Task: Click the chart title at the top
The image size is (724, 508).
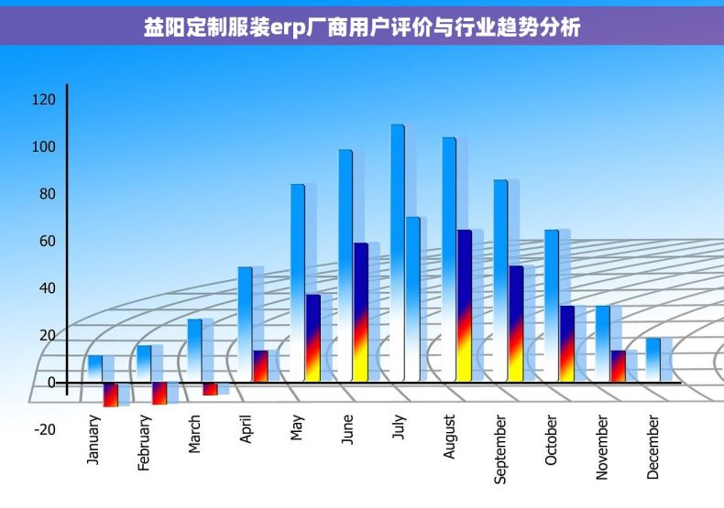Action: pos(362,27)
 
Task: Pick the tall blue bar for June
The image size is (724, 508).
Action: pos(346,265)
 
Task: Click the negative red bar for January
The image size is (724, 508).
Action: pos(110,395)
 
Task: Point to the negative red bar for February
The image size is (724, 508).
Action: pos(159,393)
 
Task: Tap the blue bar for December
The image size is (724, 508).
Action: pos(653,359)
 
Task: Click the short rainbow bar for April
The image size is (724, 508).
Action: pos(260,366)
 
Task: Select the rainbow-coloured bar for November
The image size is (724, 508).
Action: pos(618,366)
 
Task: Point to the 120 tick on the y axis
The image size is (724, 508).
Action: pos(45,99)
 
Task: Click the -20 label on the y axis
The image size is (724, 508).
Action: pos(45,429)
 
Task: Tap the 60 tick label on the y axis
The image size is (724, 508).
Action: pos(45,241)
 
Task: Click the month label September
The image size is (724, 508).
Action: pos(500,449)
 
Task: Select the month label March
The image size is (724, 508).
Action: pos(194,434)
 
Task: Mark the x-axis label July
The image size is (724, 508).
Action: pos(399,428)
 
